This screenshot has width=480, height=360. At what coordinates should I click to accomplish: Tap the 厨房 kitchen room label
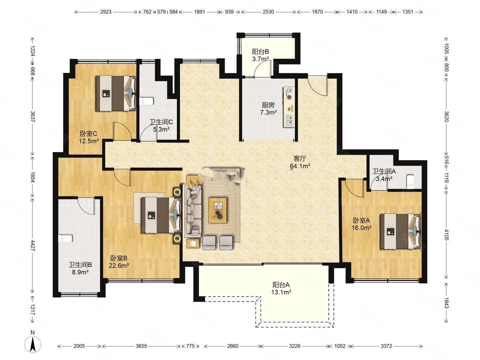268,105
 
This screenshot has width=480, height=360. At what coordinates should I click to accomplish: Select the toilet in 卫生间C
147,101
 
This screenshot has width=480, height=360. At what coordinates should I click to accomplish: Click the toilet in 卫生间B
65,239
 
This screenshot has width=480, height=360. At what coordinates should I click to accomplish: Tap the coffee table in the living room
217,210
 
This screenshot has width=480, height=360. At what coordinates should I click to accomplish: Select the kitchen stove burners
289,93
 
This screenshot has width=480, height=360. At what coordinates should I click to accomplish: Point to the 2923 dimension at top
106,12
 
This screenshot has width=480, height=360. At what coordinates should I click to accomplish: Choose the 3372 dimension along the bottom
386,346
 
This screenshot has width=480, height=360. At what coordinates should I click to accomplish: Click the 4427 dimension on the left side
33,245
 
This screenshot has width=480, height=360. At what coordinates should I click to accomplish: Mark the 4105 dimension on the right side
446,235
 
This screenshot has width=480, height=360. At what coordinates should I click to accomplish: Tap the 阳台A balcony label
281,285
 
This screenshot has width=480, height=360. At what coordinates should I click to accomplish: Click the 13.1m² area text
281,292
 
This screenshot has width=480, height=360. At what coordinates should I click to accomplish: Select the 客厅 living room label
300,158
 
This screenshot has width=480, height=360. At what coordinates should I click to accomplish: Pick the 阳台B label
260,52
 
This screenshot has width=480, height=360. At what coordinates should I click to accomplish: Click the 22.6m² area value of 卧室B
119,266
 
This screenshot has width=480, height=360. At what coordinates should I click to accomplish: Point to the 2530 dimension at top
268,12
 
